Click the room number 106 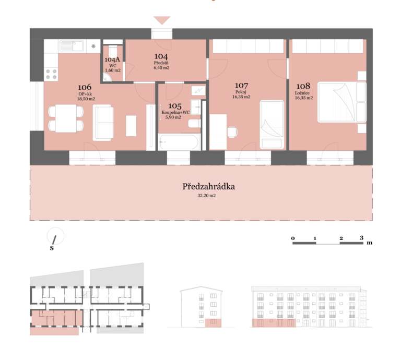pyautogui.click(x=85, y=87)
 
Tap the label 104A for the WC pyautogui.click(x=112, y=59)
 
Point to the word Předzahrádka pyautogui.click(x=208, y=186)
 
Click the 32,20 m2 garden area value pyautogui.click(x=206, y=196)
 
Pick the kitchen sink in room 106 pyautogui.click(x=72, y=46)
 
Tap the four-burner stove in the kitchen pyautogui.click(x=51, y=74)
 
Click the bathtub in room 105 pyautogui.click(x=179, y=142)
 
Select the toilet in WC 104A pyautogui.click(x=113, y=51)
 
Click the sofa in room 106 pyautogui.click(x=103, y=123)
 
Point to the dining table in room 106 pyautogui.click(x=66, y=118)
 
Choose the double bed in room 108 pyautogui.click(x=342, y=102)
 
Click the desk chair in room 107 pyautogui.click(x=232, y=132)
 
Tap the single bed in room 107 pyautogui.click(x=272, y=125)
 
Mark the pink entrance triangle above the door pyautogui.click(x=162, y=20)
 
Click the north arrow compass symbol pyautogui.click(x=55, y=236)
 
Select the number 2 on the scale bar pyautogui.click(x=341, y=238)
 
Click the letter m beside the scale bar pyautogui.click(x=369, y=243)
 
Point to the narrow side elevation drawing pyautogui.click(x=201, y=307)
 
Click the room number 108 pyautogui.click(x=303, y=86)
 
